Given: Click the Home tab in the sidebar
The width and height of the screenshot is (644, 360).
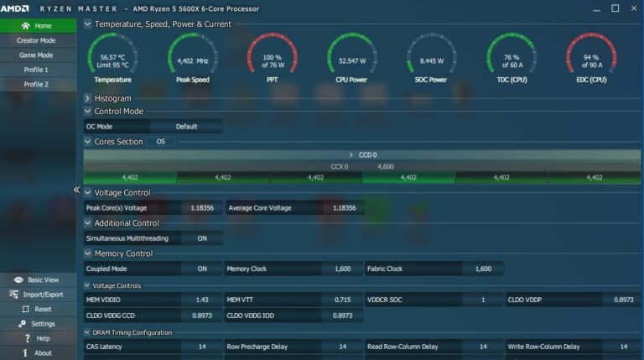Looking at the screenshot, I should tap(37, 26).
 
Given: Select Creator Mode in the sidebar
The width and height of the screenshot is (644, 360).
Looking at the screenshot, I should tap(37, 40).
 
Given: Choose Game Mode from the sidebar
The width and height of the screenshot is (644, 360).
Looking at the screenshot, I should tap(37, 55).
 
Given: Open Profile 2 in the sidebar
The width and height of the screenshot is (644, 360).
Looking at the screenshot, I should tap(37, 85).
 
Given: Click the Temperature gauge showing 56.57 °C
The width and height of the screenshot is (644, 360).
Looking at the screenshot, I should tap(113, 58).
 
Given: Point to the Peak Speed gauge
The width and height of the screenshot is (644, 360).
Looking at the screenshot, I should tap(192, 58).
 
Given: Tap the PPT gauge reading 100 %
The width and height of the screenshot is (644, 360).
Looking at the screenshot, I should tap(272, 58).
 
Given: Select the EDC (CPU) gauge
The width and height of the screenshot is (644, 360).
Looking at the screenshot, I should tap(590, 58).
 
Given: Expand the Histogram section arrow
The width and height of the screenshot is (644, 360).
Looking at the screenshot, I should tap(88, 98).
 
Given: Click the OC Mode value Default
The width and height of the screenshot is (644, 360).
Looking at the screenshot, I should tap(186, 127).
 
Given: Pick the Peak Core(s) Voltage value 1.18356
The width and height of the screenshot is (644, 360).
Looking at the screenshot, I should tap(201, 207).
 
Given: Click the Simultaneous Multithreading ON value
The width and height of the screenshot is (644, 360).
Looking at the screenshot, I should tap(201, 238).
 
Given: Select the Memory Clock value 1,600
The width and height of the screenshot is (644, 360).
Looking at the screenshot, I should tap(342, 269).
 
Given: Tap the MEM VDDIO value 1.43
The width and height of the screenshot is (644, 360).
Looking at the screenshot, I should tap(201, 300).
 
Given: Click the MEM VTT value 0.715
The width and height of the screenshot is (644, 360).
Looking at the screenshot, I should tap(342, 300).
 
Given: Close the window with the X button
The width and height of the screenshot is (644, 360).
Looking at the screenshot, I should tap(634, 8).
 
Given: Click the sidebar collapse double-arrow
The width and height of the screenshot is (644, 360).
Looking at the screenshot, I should tap(76, 190).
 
